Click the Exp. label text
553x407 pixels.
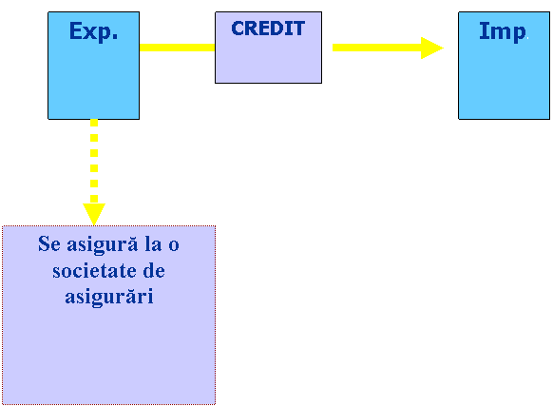(x=93, y=32)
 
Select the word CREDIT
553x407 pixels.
(x=268, y=29)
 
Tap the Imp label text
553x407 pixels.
(x=503, y=32)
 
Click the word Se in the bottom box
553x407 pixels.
(x=49, y=243)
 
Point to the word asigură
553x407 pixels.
(x=103, y=245)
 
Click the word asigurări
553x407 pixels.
(x=109, y=297)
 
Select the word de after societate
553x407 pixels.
(x=154, y=271)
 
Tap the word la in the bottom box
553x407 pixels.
(x=153, y=243)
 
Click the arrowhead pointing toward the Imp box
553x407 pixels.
(x=432, y=48)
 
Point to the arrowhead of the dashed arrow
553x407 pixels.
(x=94, y=214)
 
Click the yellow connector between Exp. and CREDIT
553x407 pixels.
(x=177, y=48)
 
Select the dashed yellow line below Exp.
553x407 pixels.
(x=94, y=161)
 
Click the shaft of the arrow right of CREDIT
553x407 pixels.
(x=376, y=48)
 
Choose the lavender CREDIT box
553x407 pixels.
(x=268, y=48)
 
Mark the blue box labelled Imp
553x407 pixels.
(x=504, y=66)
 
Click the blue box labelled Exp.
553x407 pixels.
(x=93, y=66)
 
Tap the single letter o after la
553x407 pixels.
(x=174, y=245)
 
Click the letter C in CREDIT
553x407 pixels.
(x=238, y=29)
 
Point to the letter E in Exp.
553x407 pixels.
(x=75, y=30)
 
